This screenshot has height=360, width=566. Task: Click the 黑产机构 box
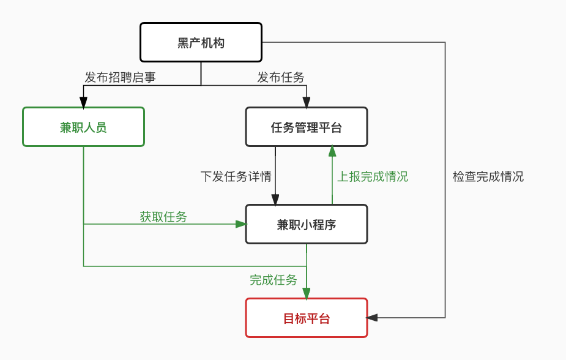pyautogui.click(x=201, y=42)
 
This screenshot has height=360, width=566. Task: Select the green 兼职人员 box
pyautogui.click(x=83, y=127)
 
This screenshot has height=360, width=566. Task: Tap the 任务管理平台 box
pyautogui.click(x=306, y=127)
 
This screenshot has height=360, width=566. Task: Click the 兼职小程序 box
pyautogui.click(x=306, y=224)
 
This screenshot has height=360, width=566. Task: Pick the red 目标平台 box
pyautogui.click(x=306, y=318)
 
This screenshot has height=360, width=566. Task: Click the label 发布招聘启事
pyautogui.click(x=120, y=77)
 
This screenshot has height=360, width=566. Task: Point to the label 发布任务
pyautogui.click(x=280, y=77)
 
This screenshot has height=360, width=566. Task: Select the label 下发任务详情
pyautogui.click(x=236, y=176)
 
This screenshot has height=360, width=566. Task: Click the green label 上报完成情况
pyautogui.click(x=373, y=176)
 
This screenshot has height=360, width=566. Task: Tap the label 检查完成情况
pyautogui.click(x=488, y=176)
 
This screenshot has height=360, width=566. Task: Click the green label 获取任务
pyautogui.click(x=163, y=216)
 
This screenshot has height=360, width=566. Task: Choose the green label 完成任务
pyautogui.click(x=273, y=280)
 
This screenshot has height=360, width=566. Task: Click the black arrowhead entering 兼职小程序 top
pyautogui.click(x=275, y=200)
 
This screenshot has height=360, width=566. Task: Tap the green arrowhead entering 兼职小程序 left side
pyautogui.click(x=240, y=224)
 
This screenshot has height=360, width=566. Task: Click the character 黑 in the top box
pyautogui.click(x=183, y=43)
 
